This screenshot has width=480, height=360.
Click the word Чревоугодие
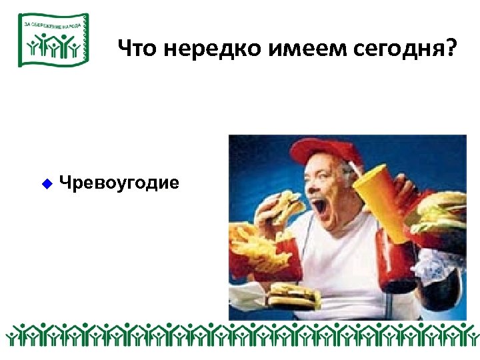(x=119, y=182)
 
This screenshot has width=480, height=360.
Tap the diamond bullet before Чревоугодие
(x=47, y=182)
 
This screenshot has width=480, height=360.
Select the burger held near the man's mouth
(x=283, y=206)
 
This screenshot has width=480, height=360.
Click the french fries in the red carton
(x=253, y=244)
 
